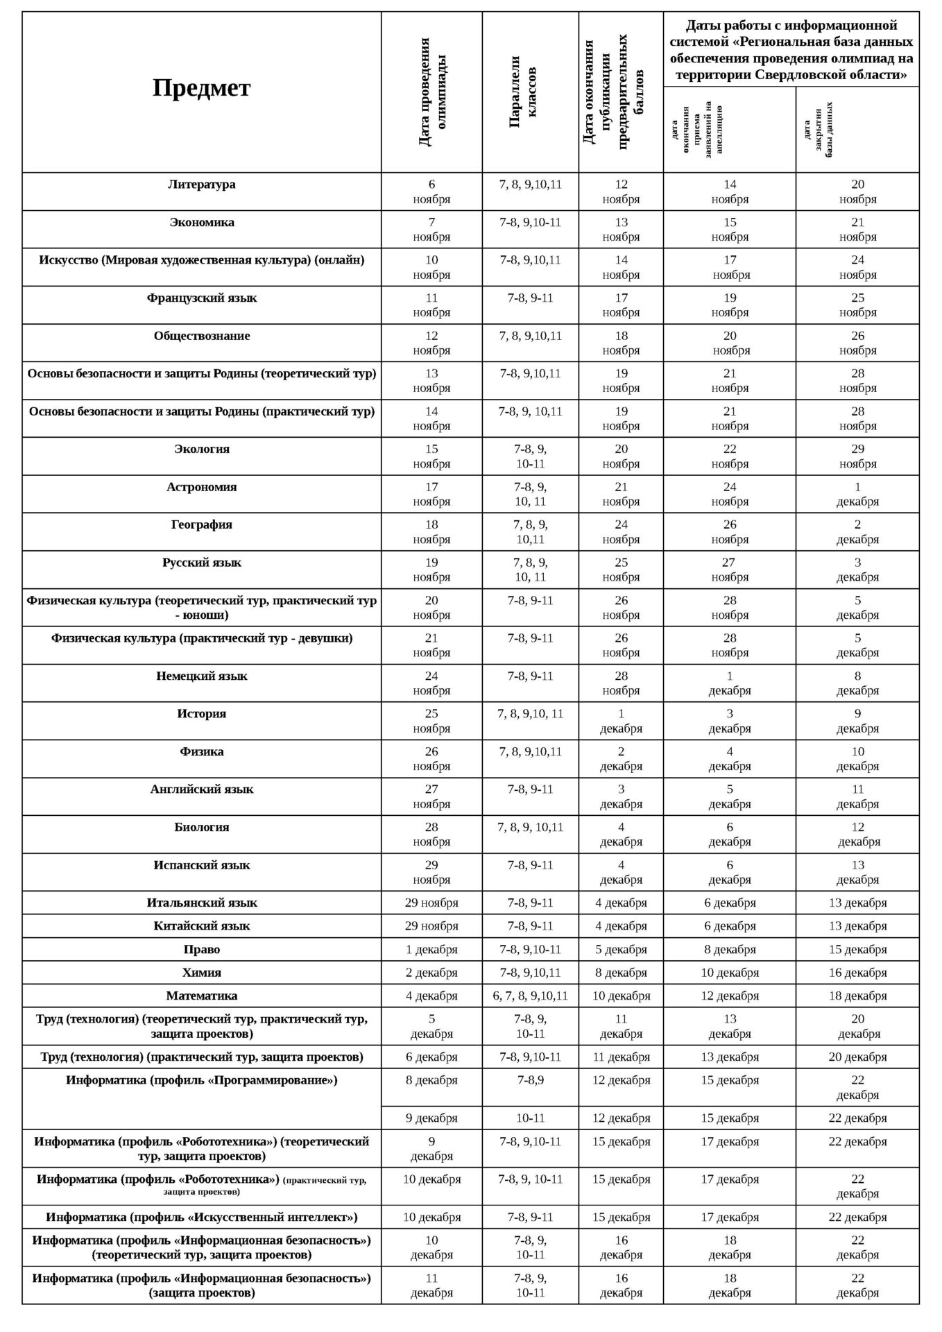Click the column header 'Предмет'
tap(201, 88)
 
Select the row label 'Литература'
tap(201, 185)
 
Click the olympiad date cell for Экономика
tap(431, 230)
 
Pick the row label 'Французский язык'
tap(201, 298)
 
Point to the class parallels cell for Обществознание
tap(530, 336)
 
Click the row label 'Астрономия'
tap(201, 487)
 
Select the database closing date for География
tap(857, 532)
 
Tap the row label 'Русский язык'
tap(201, 563)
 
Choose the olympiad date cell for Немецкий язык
tap(431, 683)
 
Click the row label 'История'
tap(201, 714)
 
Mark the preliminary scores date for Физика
tap(621, 759)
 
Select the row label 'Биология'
tap(201, 828)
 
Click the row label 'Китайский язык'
tap(201, 926)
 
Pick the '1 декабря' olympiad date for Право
tap(431, 950)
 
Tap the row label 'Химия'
tap(201, 973)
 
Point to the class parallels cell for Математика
tap(530, 996)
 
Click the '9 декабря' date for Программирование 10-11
tap(431, 1118)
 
